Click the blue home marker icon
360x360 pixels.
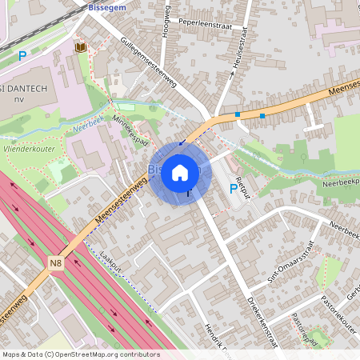180,173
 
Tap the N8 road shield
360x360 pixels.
55,263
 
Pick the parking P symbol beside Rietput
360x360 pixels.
233,189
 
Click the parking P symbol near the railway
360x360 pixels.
22,56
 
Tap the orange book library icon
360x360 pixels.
79,48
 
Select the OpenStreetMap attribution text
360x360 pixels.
81,354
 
